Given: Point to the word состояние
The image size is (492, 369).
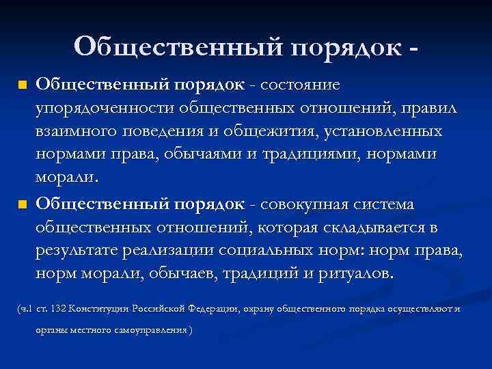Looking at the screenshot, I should (x=301, y=85).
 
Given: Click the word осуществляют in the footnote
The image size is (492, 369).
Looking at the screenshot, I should (x=414, y=309).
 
